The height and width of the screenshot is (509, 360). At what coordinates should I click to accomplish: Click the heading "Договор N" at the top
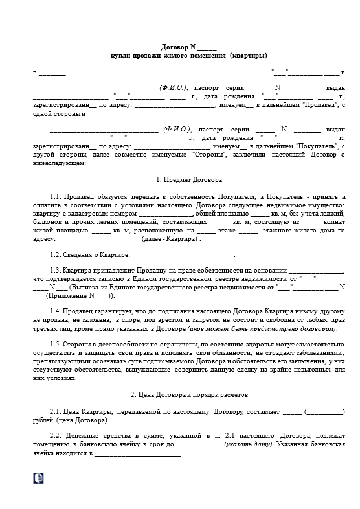tap(179, 47)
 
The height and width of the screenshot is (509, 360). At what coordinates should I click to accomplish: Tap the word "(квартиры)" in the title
tap(248, 56)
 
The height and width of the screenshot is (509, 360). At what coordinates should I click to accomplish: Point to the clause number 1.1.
tap(56, 196)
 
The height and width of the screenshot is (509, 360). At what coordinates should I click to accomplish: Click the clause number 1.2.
tap(56, 256)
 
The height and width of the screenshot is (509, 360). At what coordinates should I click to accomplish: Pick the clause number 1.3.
tap(56, 271)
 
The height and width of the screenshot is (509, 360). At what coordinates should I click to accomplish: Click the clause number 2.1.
tap(56, 411)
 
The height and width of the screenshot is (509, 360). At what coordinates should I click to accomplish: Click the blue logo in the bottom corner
tap(38, 478)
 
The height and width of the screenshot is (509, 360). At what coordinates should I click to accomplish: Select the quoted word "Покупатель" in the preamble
tap(315, 146)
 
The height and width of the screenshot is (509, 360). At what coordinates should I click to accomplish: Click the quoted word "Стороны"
tap(207, 155)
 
